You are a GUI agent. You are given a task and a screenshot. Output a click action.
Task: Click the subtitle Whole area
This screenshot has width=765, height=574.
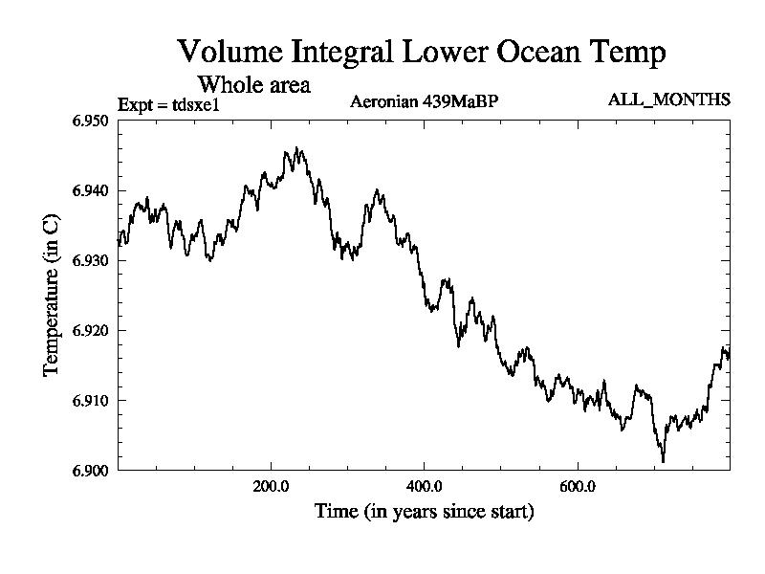[x=253, y=84]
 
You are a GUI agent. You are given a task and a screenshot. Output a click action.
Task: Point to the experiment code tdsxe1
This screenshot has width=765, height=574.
[x=195, y=105]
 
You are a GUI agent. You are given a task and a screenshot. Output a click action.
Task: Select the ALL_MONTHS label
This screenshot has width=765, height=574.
[x=668, y=100]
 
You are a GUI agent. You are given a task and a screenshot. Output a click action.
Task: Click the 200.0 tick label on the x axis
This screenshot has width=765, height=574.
[x=271, y=486]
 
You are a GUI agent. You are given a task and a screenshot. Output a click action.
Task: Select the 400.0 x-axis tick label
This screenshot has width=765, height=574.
[x=424, y=486]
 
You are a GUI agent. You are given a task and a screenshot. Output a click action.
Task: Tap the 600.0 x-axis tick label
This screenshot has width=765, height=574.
[x=577, y=486]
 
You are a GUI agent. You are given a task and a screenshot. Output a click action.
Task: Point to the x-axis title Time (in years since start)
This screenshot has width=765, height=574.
[x=424, y=512]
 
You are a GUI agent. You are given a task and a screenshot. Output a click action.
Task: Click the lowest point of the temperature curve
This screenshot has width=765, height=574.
[x=663, y=462]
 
